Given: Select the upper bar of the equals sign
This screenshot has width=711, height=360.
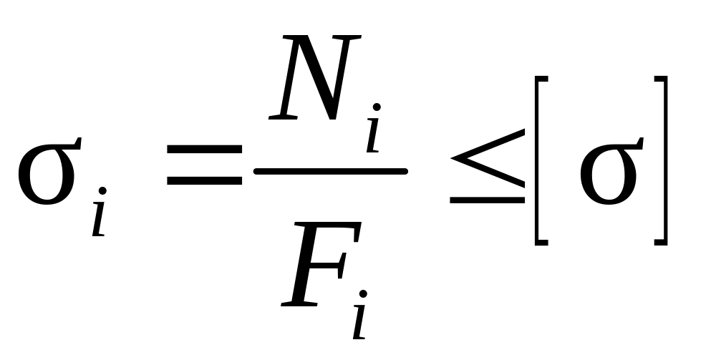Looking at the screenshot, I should [204, 148].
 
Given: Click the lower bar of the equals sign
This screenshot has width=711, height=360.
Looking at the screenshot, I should [204, 181].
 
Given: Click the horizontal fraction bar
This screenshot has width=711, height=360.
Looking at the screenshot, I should [330, 171].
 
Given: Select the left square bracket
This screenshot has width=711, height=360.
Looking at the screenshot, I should [541, 160].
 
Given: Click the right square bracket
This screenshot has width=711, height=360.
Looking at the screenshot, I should [661, 160].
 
